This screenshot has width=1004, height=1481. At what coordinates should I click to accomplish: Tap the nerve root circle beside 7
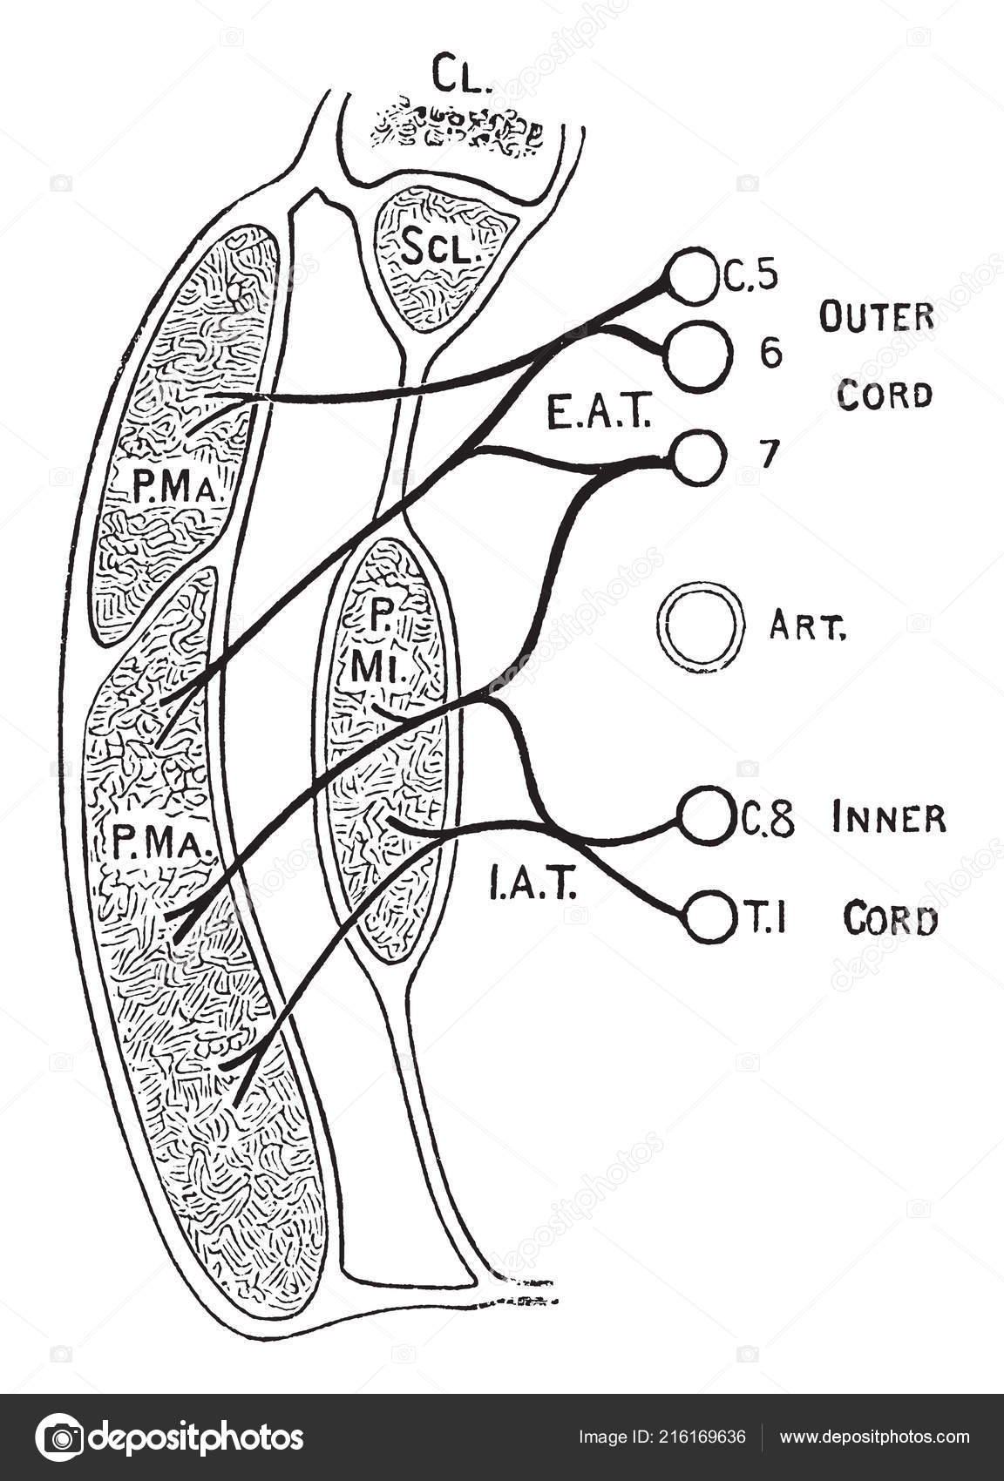pos(698,456)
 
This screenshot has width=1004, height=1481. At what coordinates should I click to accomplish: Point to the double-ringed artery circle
pos(701,629)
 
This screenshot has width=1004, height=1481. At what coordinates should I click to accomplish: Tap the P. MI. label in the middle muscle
pos(383,646)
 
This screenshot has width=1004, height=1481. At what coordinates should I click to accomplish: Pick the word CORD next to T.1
pos(891,920)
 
